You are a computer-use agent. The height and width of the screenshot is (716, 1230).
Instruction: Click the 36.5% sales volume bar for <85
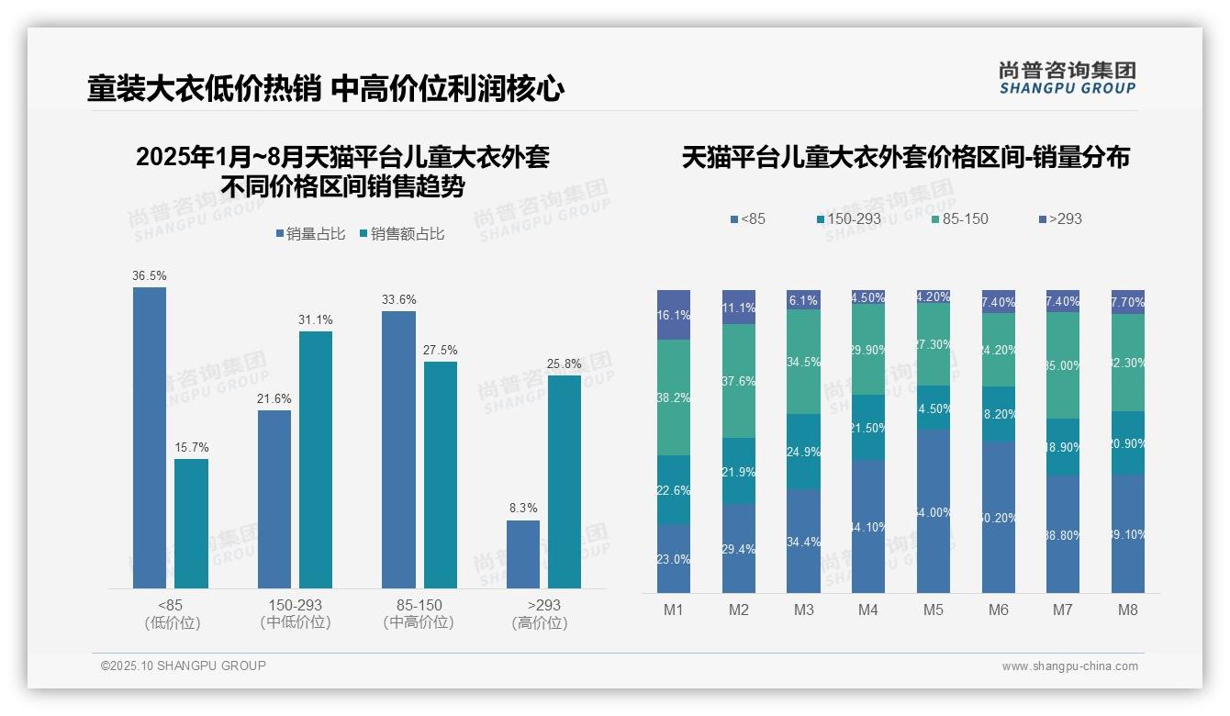point(150,438)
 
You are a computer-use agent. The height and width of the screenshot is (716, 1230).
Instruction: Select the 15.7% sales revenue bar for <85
point(191,523)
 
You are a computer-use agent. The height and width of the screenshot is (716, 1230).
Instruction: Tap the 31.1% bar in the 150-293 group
point(316,459)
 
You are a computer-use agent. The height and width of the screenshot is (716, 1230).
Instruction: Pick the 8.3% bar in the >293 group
point(523,554)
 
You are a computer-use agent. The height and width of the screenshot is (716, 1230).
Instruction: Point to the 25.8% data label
point(565,364)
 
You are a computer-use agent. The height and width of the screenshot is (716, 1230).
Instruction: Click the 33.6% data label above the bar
point(398,300)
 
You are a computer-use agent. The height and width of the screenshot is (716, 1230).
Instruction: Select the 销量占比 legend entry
point(310,234)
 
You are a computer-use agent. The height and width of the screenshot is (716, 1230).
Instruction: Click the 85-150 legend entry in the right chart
point(960,219)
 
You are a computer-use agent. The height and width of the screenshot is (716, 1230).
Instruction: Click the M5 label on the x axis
point(934,610)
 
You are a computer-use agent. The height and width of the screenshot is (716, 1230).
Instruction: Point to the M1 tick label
point(674,610)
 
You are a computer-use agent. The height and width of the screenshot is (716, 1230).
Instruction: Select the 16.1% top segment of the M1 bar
point(674,315)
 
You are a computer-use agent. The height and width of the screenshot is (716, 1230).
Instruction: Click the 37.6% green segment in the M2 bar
point(739,381)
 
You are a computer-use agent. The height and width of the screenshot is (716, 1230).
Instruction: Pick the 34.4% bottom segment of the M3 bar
point(803,541)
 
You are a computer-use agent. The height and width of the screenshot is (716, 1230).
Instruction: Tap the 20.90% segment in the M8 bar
point(1128,442)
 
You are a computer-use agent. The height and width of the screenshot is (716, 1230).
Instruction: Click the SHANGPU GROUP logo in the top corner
point(1068,78)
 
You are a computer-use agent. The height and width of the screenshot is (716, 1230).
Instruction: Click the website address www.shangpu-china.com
point(1069,666)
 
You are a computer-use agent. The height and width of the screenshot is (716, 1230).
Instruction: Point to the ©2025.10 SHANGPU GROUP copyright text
point(184,666)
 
